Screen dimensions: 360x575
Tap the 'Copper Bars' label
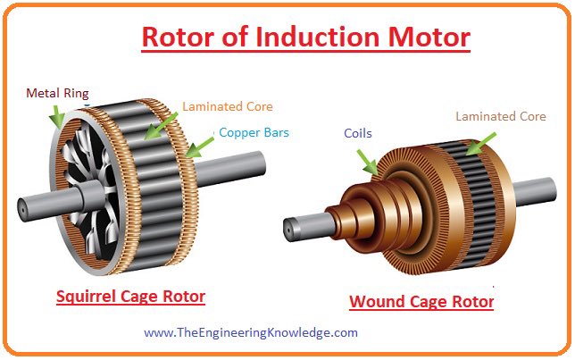pyautogui.click(x=254, y=133)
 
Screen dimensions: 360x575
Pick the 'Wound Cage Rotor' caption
pyautogui.click(x=421, y=301)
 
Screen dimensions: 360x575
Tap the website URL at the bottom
pyautogui.click(x=251, y=333)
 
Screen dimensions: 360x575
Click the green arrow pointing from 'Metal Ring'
pyautogui.click(x=55, y=115)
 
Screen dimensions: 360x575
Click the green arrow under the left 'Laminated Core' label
pyautogui.click(x=161, y=126)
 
